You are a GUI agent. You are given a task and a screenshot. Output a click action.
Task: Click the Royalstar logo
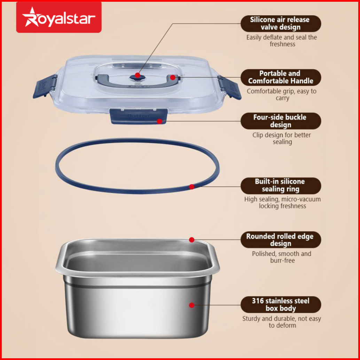click(59, 17)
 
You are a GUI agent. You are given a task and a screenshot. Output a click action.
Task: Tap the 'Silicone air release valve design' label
click(281, 23)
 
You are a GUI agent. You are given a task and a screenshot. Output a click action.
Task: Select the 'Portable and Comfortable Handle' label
click(281, 77)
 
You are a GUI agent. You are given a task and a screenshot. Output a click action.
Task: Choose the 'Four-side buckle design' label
click(281, 121)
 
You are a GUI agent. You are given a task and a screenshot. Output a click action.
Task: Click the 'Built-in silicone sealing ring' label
click(281, 186)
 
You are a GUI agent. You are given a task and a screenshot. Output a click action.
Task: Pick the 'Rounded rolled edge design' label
click(281, 240)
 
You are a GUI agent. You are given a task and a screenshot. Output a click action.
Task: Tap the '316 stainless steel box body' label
click(281, 305)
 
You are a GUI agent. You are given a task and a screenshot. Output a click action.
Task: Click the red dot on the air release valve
click(138, 75)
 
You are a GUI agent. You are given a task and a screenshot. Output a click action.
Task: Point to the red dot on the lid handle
click(173, 77)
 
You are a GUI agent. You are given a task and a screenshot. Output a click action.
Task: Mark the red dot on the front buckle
click(159, 121)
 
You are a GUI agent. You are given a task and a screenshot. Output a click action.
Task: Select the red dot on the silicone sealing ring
click(192, 187)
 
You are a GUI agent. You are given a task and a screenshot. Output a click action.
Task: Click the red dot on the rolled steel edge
click(192, 240)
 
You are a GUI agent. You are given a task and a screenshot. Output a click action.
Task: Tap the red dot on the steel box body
click(192, 305)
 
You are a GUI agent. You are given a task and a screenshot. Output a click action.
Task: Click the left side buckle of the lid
click(45, 86)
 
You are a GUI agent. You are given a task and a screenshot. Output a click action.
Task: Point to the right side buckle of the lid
click(229, 87)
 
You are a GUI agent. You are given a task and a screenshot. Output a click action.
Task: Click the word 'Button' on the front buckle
click(138, 116)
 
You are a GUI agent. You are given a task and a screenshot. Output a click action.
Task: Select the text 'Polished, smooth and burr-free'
click(282, 257)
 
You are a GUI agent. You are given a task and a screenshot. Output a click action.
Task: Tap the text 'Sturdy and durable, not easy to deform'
click(282, 322)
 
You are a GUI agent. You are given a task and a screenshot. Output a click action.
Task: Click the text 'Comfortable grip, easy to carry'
click(282, 94)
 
